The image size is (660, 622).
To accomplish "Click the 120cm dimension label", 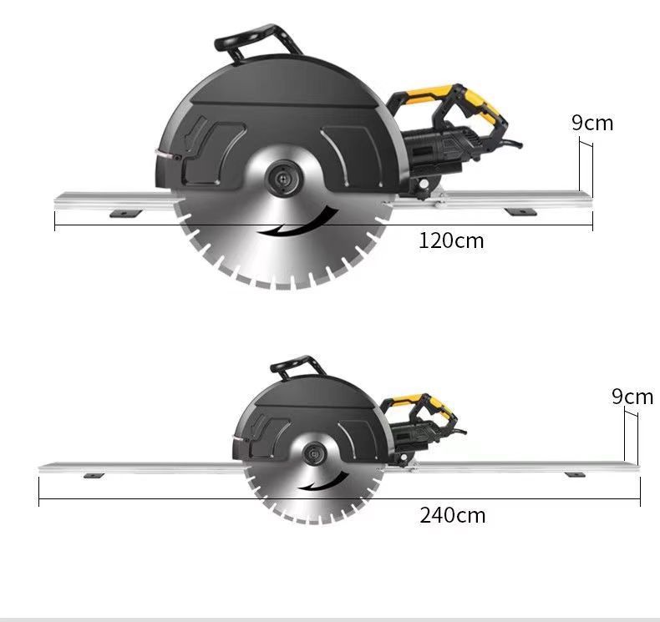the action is point(451,241).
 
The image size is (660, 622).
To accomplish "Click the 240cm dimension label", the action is point(453,515).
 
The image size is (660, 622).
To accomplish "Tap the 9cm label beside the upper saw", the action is point(592,123).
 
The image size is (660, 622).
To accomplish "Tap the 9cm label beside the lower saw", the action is point(632,397).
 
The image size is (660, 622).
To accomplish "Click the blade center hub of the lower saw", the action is point(314,454).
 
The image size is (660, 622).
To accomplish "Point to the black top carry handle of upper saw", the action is point(258,41).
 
